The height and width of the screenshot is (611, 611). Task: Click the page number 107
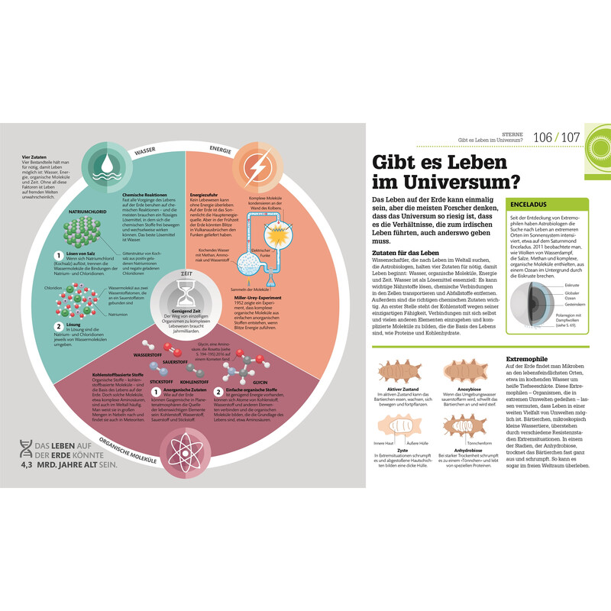(575, 137)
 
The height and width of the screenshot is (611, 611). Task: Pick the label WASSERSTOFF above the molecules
(150, 356)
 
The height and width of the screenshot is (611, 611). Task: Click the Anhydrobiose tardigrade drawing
(464, 425)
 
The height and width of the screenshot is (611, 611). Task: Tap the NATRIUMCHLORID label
(86, 209)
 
